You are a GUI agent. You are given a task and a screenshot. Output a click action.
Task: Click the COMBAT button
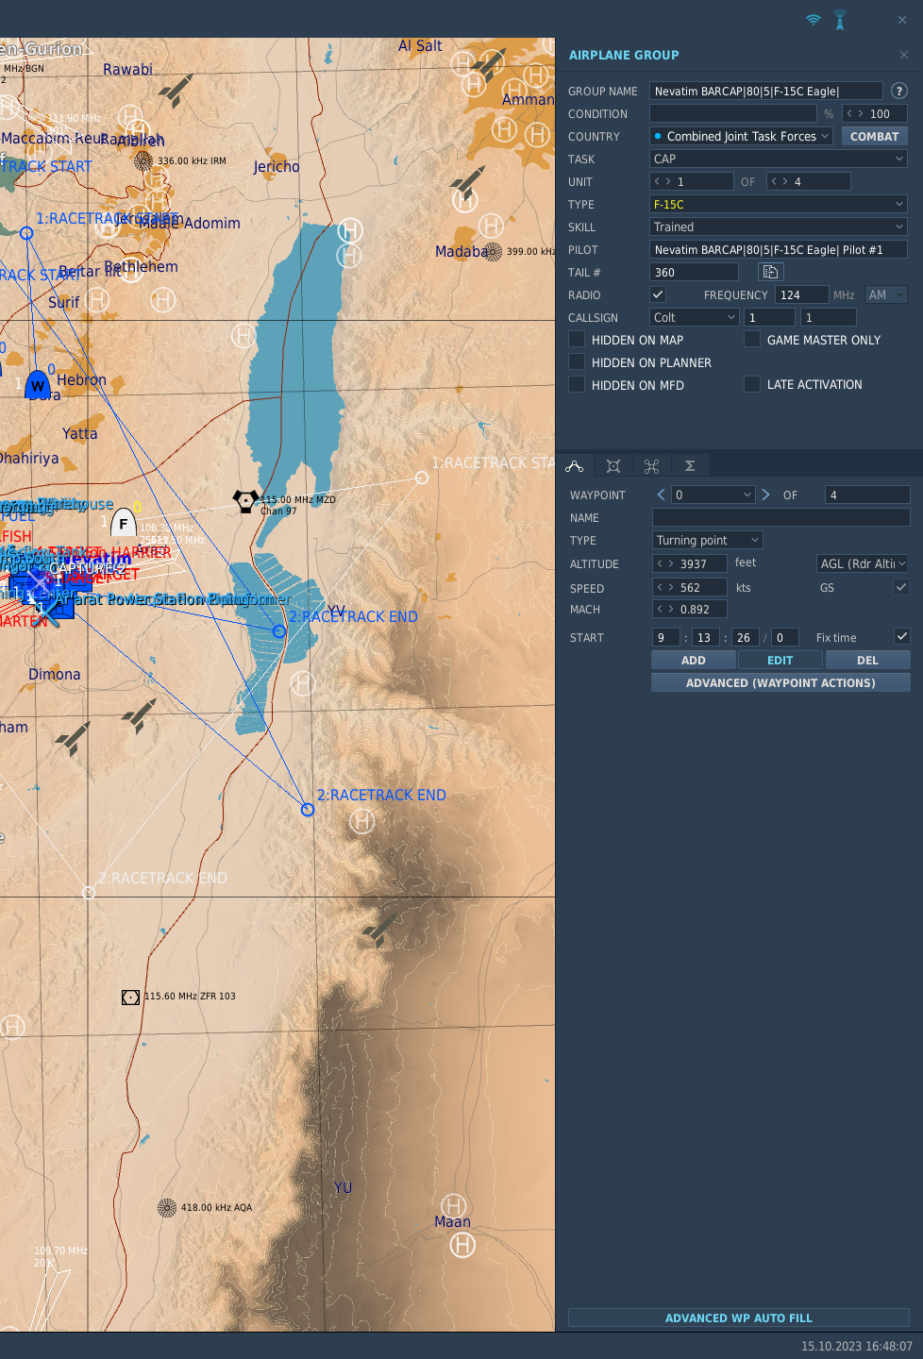874,137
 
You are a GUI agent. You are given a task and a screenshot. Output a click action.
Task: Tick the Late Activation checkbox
752,384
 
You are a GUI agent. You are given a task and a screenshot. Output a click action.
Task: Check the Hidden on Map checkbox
577,339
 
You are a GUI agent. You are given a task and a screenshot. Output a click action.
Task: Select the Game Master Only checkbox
752,339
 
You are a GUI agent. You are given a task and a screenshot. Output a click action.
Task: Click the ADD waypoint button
693,661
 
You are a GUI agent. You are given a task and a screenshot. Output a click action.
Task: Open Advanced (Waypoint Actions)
780,683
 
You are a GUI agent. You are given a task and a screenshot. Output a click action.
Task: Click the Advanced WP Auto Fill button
738,1318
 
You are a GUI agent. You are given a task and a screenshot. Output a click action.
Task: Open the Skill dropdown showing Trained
778,227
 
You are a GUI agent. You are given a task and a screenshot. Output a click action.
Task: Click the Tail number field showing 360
694,273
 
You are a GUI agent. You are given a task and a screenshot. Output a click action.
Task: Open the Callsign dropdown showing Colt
694,318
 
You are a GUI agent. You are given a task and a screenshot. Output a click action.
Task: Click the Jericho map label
277,167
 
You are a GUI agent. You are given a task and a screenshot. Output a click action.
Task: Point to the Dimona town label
55,675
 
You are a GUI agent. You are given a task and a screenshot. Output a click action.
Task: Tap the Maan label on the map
452,1222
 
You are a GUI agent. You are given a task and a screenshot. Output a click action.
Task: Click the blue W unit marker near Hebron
38,385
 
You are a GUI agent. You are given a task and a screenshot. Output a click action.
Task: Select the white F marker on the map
124,524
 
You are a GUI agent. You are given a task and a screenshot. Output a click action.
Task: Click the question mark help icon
899,92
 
